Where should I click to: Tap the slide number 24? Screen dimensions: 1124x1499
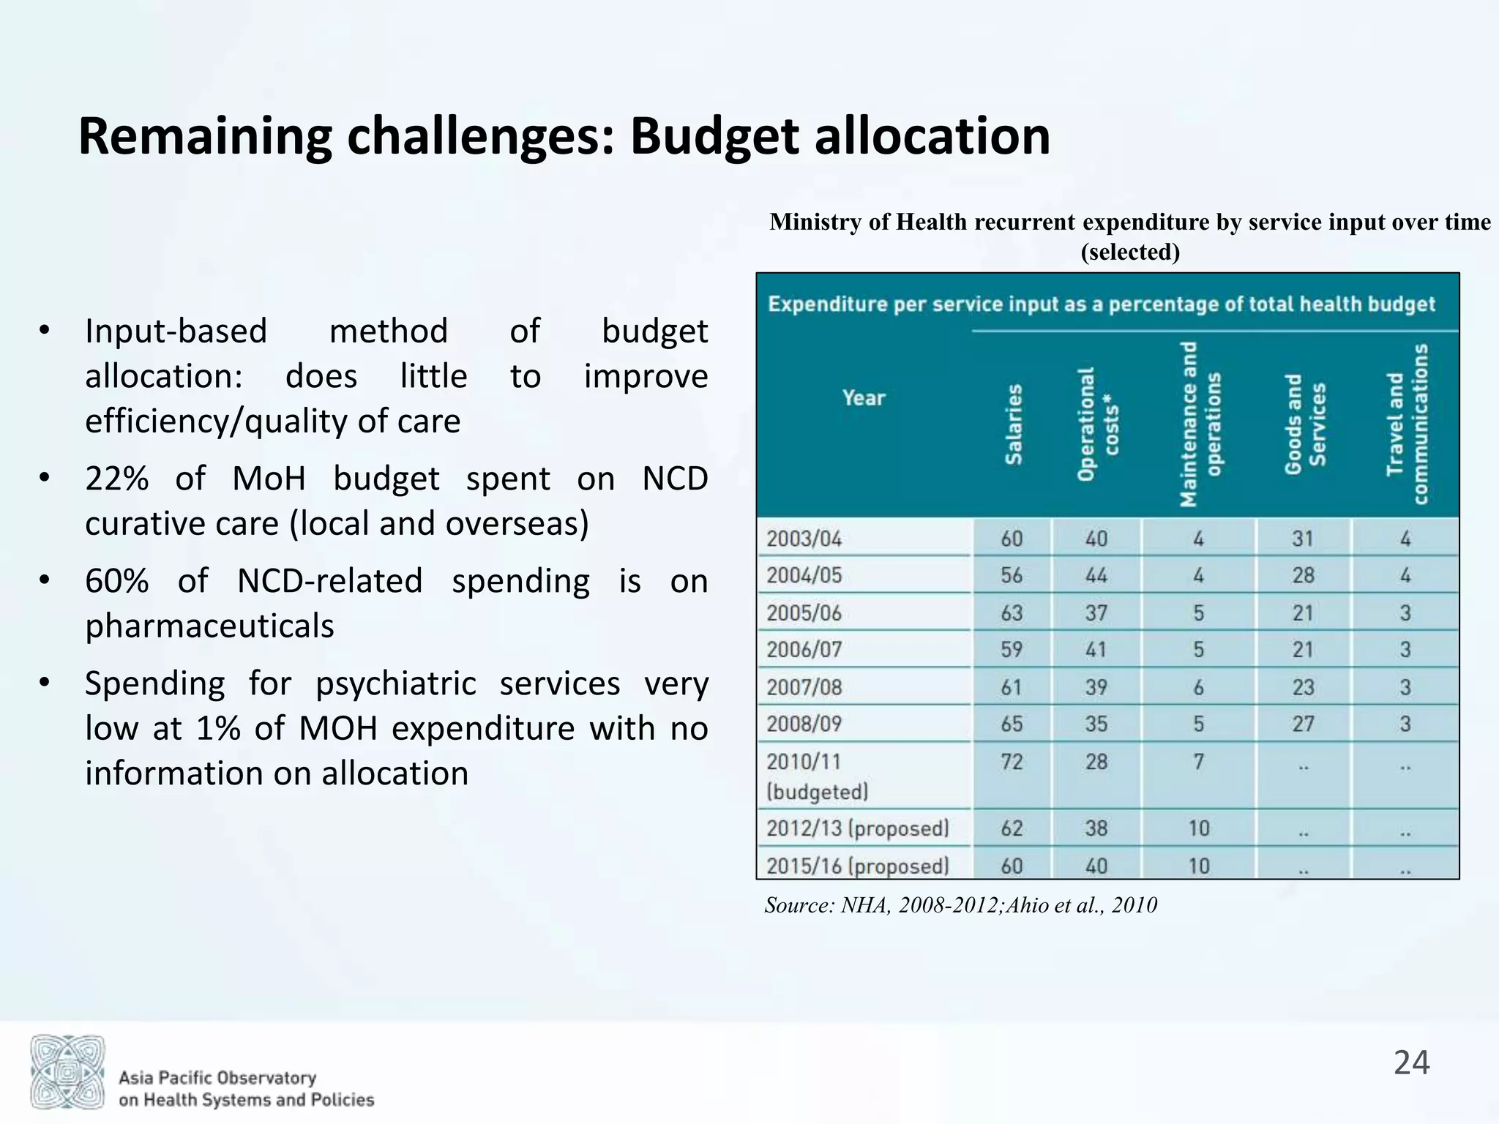pos(1411,1063)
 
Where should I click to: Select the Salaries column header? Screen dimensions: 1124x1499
pos(1013,424)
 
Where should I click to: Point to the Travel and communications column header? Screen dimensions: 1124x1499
pos(1407,424)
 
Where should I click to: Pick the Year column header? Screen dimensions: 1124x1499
pos(864,398)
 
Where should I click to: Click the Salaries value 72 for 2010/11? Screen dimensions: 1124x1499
pos(1012,762)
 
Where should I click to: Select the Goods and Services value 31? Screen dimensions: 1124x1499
pos(1303,539)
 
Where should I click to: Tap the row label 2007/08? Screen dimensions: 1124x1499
pos(804,687)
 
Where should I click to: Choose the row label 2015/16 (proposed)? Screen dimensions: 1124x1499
pos(857,866)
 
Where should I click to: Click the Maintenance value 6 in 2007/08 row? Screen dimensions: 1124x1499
pos(1198,687)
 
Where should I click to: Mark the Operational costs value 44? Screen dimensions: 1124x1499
pos(1096,576)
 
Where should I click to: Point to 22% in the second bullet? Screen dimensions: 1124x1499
pos(117,479)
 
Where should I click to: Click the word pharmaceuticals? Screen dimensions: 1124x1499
pos(209,626)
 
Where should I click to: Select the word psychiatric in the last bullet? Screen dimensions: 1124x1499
pos(395,684)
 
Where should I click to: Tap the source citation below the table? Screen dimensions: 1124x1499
pos(960,905)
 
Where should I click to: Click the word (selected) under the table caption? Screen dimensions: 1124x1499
pos(1129,252)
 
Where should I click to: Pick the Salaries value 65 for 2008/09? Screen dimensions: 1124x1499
pos(1012,724)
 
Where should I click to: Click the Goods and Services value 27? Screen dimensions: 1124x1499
pos(1303,724)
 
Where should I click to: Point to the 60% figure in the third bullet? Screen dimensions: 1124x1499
pos(117,582)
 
